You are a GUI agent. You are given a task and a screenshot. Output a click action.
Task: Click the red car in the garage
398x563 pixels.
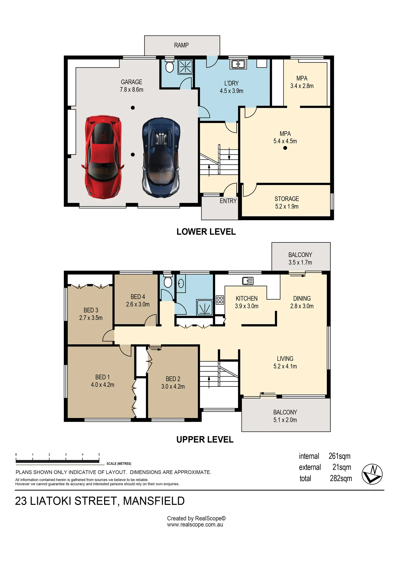pyautogui.click(x=103, y=157)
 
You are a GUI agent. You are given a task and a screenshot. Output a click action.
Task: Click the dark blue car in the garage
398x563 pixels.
pyautogui.click(x=161, y=158)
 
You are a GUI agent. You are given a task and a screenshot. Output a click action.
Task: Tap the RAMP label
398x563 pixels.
pyautogui.click(x=181, y=45)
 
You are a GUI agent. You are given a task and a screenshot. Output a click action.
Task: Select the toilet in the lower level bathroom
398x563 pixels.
pyautogui.click(x=169, y=66)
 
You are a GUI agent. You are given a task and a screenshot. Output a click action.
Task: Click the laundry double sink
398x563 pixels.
pyautogui.click(x=238, y=64)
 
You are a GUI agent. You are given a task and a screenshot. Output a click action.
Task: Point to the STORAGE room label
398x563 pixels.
pyautogui.click(x=287, y=199)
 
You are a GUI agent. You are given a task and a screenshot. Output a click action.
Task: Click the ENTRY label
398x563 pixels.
pyautogui.click(x=228, y=201)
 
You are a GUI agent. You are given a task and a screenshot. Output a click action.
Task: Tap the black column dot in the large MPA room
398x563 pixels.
pyautogui.click(x=285, y=148)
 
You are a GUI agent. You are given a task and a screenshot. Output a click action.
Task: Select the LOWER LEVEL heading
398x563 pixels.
pyautogui.click(x=206, y=232)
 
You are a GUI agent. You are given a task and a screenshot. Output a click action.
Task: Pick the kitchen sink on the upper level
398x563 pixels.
pyautogui.click(x=248, y=281)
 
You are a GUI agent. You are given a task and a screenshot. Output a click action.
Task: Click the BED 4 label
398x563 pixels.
pyautogui.click(x=138, y=297)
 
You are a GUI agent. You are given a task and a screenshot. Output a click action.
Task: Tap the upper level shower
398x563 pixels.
pyautogui.click(x=205, y=307)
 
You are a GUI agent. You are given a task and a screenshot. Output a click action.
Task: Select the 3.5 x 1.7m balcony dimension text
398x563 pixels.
pyautogui.click(x=300, y=262)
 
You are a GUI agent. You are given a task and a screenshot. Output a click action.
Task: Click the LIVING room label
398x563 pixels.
pyautogui.click(x=285, y=359)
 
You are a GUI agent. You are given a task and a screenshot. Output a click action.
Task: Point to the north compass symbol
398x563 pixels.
pyautogui.click(x=372, y=474)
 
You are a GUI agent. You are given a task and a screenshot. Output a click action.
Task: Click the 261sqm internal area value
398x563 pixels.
pyautogui.click(x=339, y=456)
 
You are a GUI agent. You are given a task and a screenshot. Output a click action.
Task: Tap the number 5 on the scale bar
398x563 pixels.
pyautogui.click(x=99, y=454)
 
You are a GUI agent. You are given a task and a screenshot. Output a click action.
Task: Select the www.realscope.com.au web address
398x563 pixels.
pyautogui.click(x=195, y=525)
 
